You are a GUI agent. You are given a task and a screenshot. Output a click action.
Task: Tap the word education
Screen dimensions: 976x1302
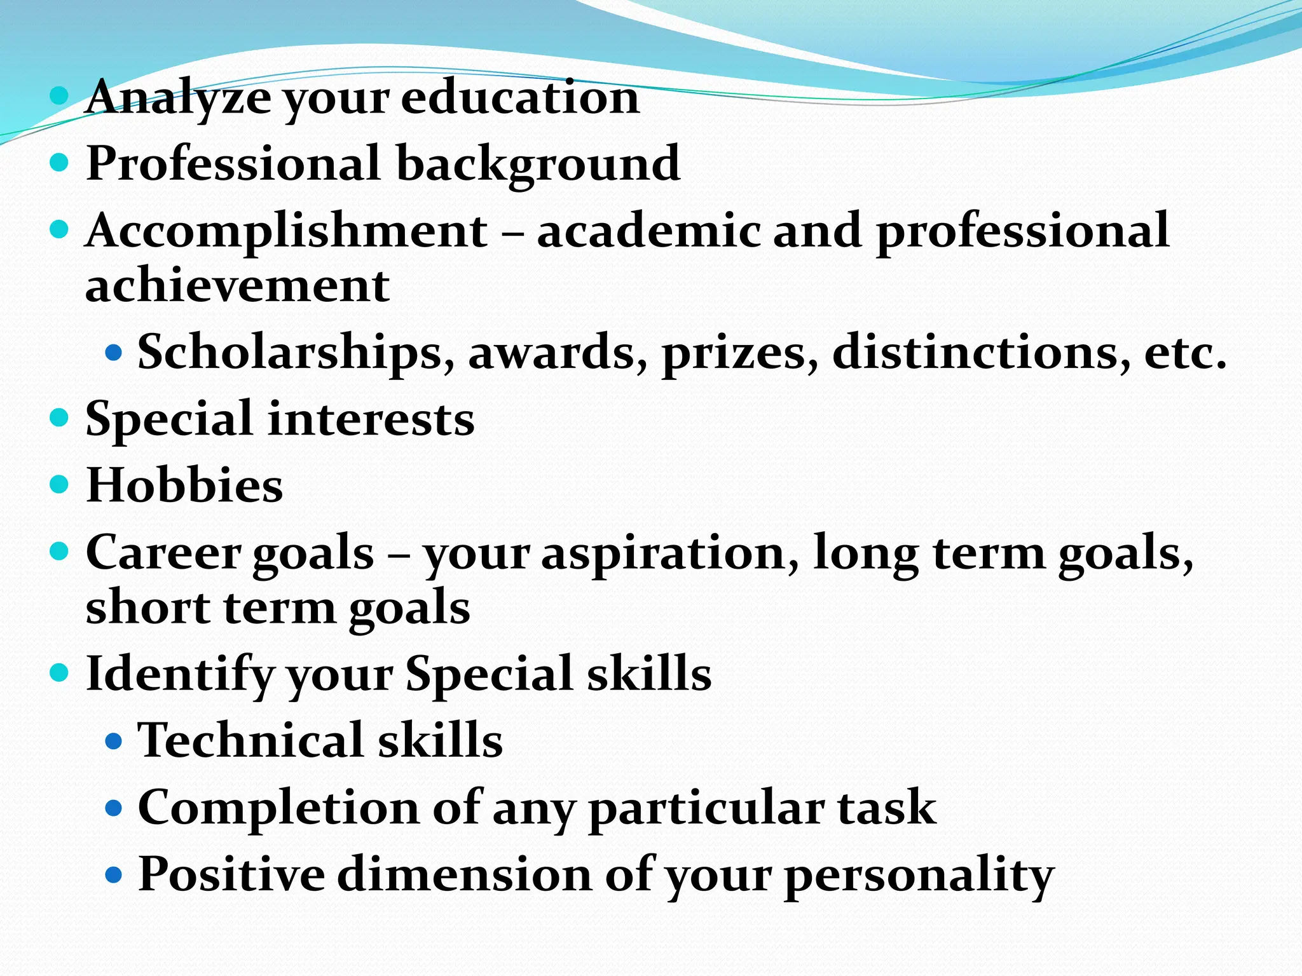click(x=520, y=98)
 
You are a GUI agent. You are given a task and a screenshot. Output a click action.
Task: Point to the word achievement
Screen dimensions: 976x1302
click(x=237, y=286)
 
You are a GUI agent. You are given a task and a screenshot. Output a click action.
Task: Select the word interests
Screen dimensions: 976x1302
click(x=371, y=420)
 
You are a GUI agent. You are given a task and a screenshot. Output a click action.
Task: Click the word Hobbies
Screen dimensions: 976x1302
click(x=184, y=485)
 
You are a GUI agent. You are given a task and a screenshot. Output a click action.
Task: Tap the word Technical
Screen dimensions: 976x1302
click(x=250, y=741)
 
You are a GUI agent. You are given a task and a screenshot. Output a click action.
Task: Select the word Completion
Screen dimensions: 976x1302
click(x=278, y=808)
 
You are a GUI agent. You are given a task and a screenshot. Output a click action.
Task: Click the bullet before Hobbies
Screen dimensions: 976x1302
click(x=58, y=485)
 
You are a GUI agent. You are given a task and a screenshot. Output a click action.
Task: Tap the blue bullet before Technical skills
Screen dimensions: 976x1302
click(x=113, y=741)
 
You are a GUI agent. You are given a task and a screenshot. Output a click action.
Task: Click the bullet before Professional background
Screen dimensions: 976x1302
click(x=58, y=163)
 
